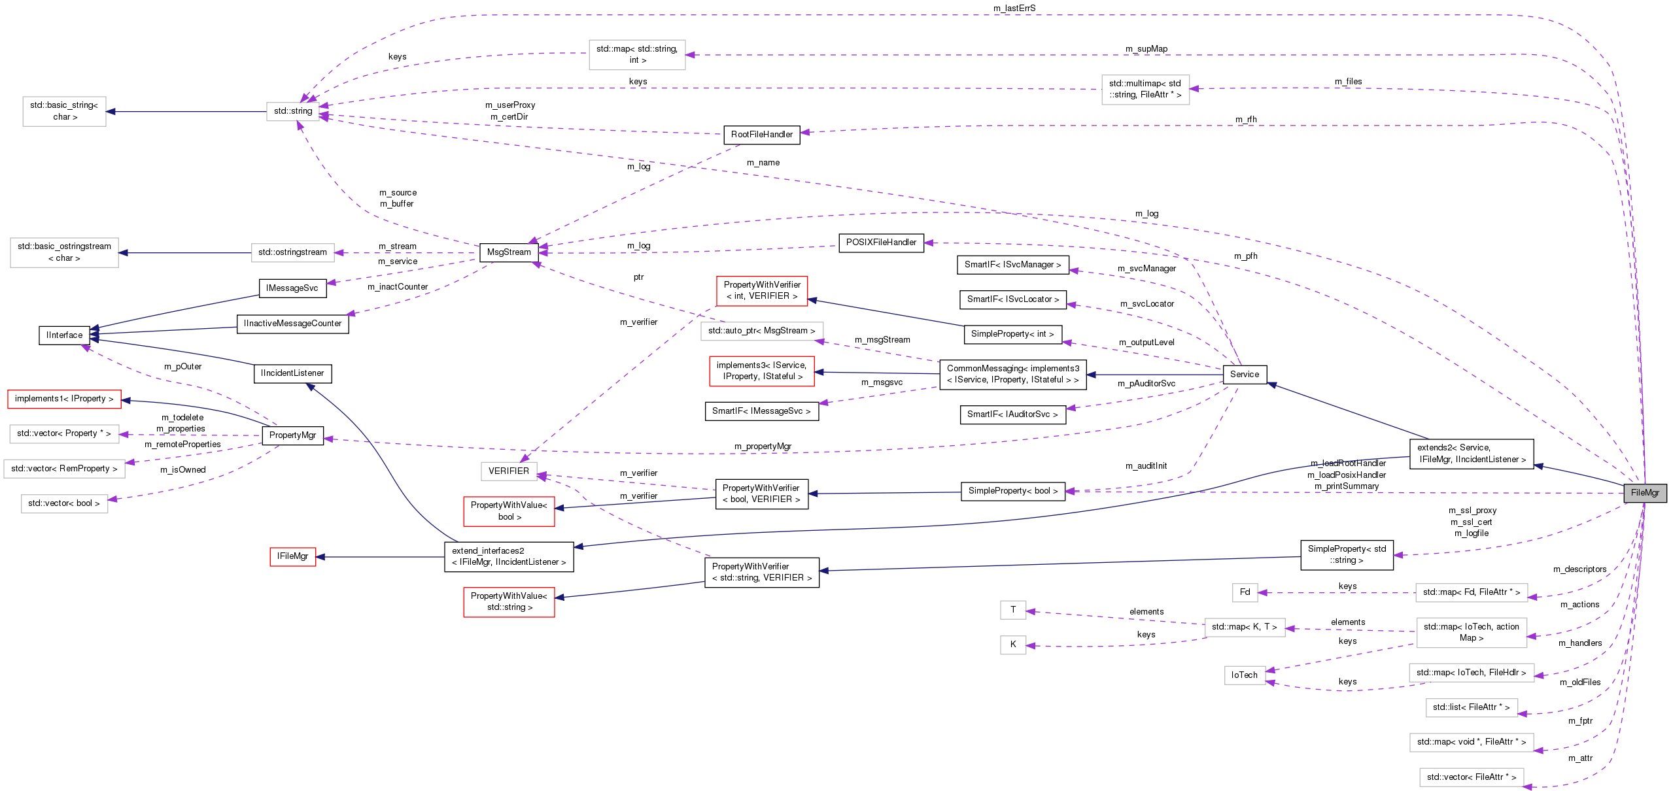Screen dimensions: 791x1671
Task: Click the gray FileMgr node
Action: pyautogui.click(x=1644, y=493)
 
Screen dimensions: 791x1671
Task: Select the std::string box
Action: pyautogui.click(x=293, y=111)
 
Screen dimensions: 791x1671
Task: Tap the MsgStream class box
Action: pyautogui.click(x=509, y=252)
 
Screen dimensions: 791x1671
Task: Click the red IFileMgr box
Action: pyautogui.click(x=292, y=556)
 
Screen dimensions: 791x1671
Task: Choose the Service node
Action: pyautogui.click(x=1244, y=375)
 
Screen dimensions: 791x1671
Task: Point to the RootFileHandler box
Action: pyautogui.click(x=761, y=135)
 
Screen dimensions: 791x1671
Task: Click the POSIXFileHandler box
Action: pyautogui.click(x=881, y=243)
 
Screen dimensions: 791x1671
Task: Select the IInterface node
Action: pyautogui.click(x=64, y=335)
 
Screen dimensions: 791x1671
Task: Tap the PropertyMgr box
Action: pyautogui.click(x=292, y=435)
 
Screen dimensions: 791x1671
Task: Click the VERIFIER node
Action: pyautogui.click(x=508, y=471)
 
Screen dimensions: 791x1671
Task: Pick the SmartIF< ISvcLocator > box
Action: pyautogui.click(x=1012, y=299)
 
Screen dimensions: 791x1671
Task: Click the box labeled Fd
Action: pyautogui.click(x=1245, y=592)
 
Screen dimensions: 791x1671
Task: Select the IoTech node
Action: pyautogui.click(x=1244, y=675)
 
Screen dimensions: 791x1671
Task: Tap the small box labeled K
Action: pyautogui.click(x=1012, y=645)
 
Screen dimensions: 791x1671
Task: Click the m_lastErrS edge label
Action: pyautogui.click(x=1014, y=8)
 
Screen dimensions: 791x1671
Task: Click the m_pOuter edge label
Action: pyautogui.click(x=182, y=367)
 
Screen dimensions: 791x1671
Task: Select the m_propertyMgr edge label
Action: pyautogui.click(x=762, y=446)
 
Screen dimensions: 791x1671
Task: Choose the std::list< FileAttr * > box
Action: pyautogui.click(x=1471, y=707)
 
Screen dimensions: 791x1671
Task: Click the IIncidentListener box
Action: pyautogui.click(x=292, y=373)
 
